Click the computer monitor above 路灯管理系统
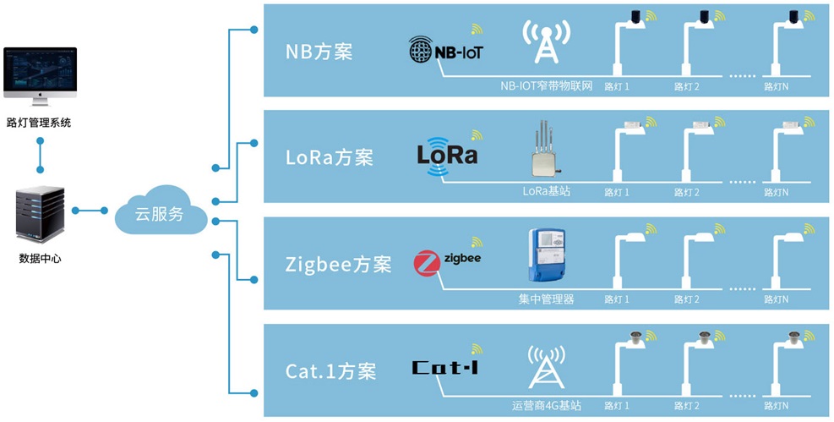pos(40,76)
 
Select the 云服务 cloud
pos(161,214)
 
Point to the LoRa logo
pos(447,156)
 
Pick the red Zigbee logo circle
pos(427,263)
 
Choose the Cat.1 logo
pos(445,368)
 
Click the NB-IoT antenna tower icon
pos(545,44)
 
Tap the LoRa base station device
pos(544,152)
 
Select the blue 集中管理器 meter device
pos(546,256)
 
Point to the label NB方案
pos(319,52)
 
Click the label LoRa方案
pos(330,157)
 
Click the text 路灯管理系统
pos(39,123)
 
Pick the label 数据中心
pos(40,259)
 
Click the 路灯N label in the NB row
pos(776,86)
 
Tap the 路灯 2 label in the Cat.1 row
pos(686,406)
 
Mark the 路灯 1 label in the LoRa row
pos(617,192)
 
